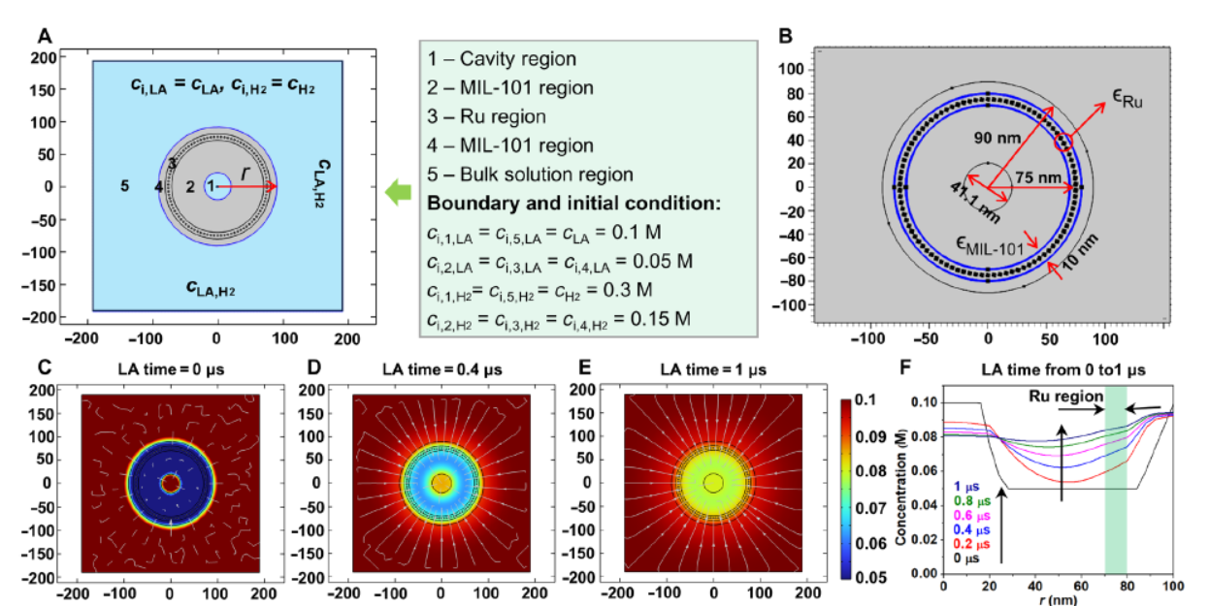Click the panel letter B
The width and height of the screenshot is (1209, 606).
click(786, 36)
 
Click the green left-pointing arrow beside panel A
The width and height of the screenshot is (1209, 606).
click(397, 193)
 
